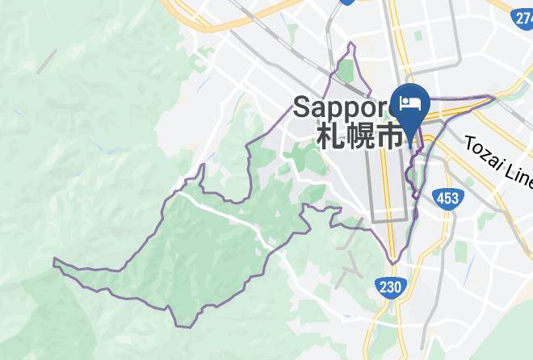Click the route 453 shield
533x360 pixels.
(447, 199)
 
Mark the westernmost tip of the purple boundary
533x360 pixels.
(54, 261)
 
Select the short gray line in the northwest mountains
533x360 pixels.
(46, 61)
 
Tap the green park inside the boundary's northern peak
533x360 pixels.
(346, 71)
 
